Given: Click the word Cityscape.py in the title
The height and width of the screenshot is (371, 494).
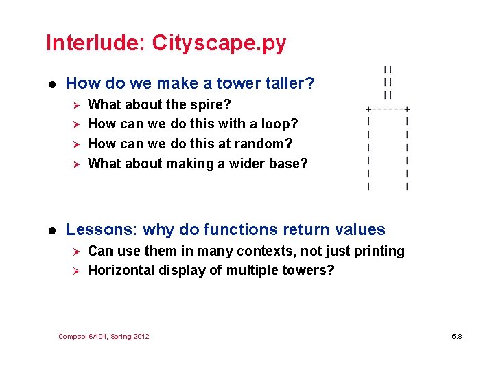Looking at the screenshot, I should (x=219, y=43).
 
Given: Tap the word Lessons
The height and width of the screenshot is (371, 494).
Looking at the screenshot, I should (x=95, y=229).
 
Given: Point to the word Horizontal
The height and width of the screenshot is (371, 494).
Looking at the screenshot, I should (x=121, y=270).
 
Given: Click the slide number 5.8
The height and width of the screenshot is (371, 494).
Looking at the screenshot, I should (x=457, y=337).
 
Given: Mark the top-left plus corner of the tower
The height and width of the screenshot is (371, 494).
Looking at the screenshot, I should (x=369, y=109).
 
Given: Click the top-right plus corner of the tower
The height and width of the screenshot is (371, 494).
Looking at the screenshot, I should (x=408, y=109).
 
